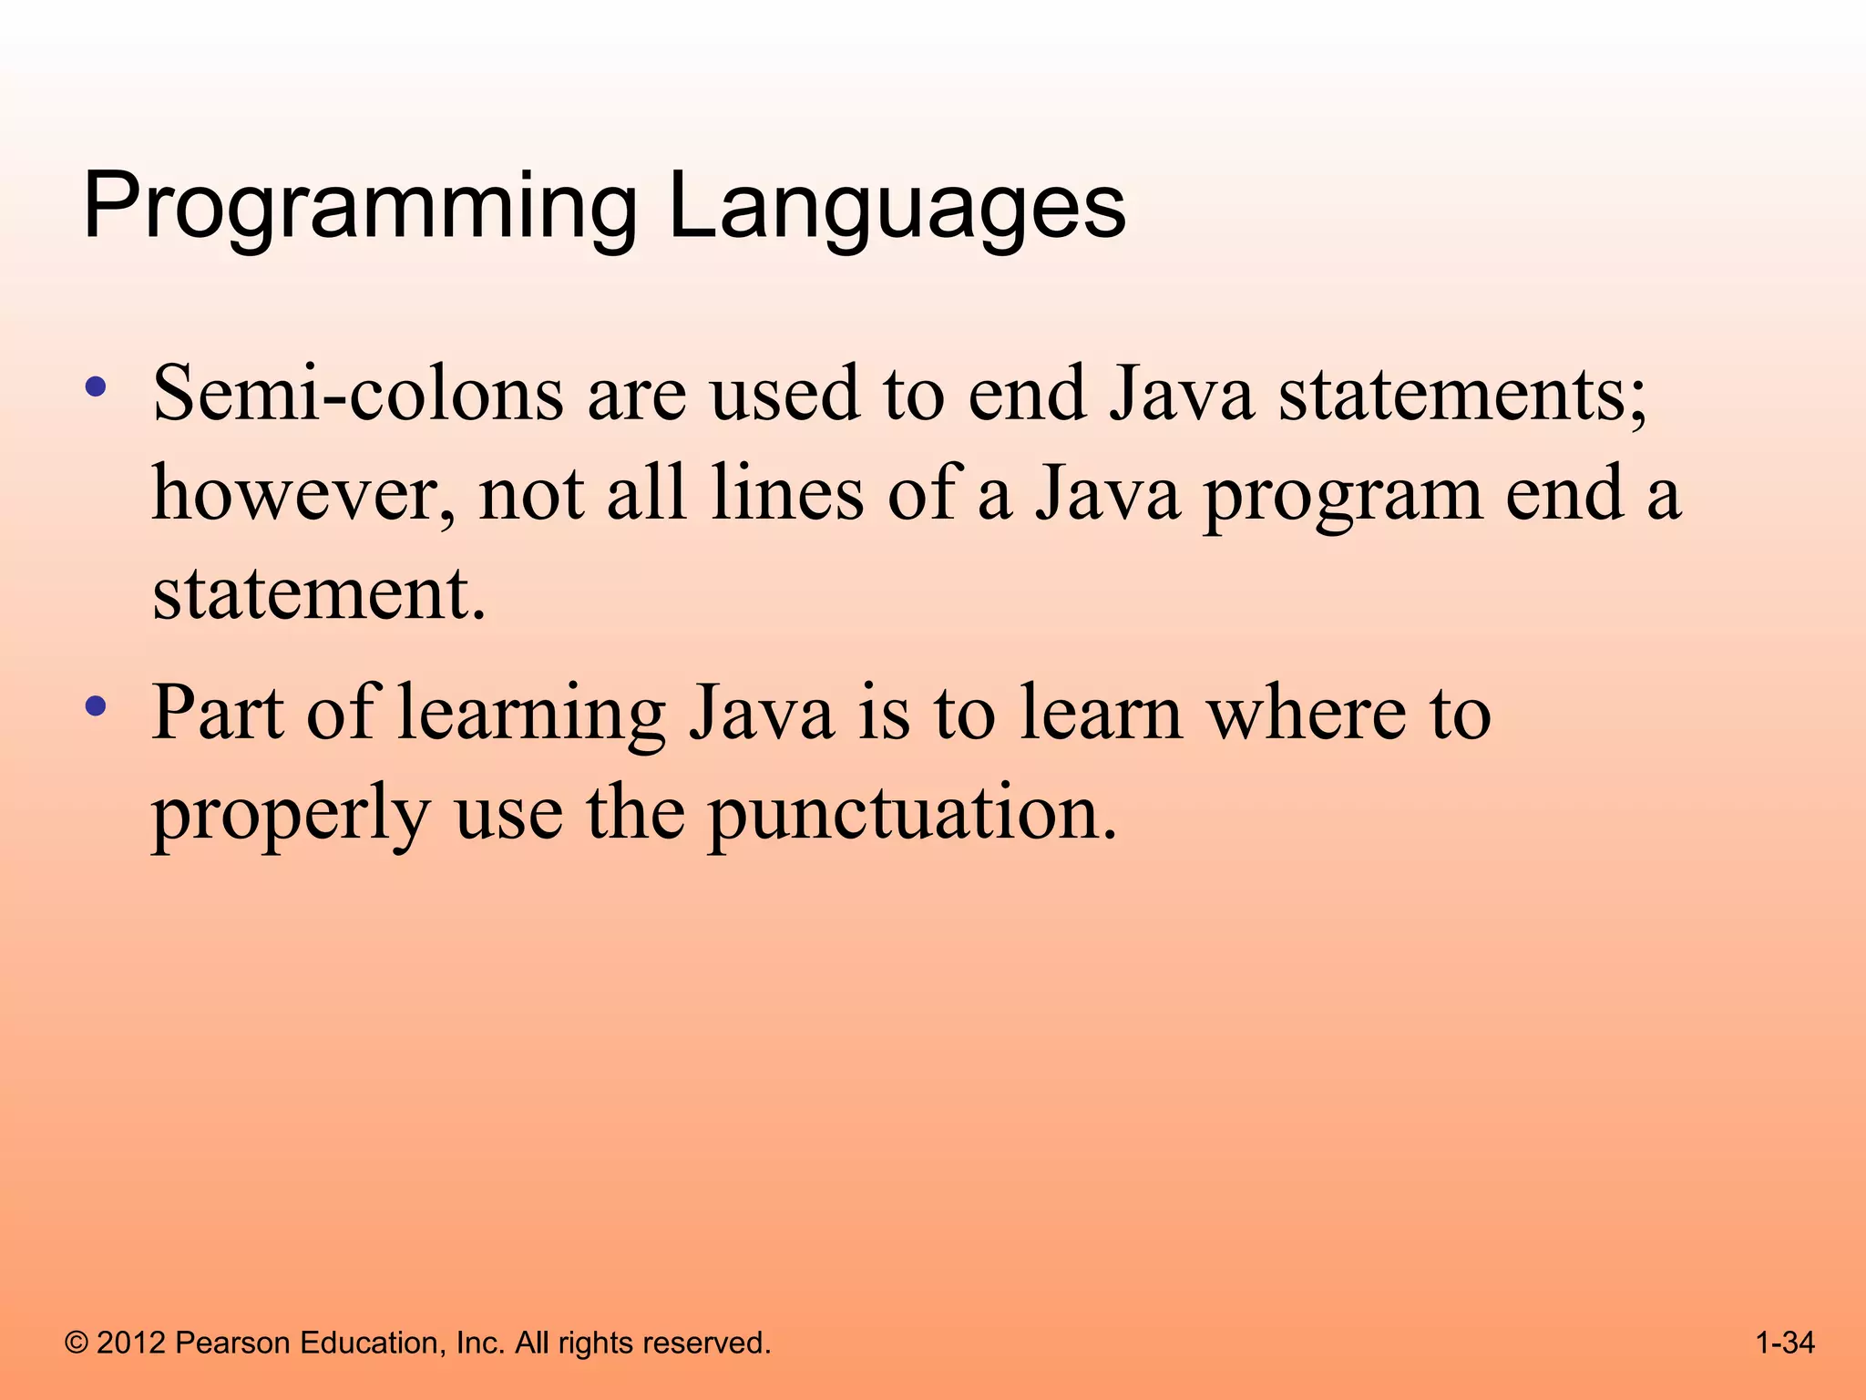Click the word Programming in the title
tap(360, 208)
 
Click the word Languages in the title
tap(897, 208)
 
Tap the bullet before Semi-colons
tap(95, 387)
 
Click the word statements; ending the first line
tap(1462, 394)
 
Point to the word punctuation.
tap(911, 813)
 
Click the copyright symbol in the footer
tap(77, 1343)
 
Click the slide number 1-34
tap(1785, 1343)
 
